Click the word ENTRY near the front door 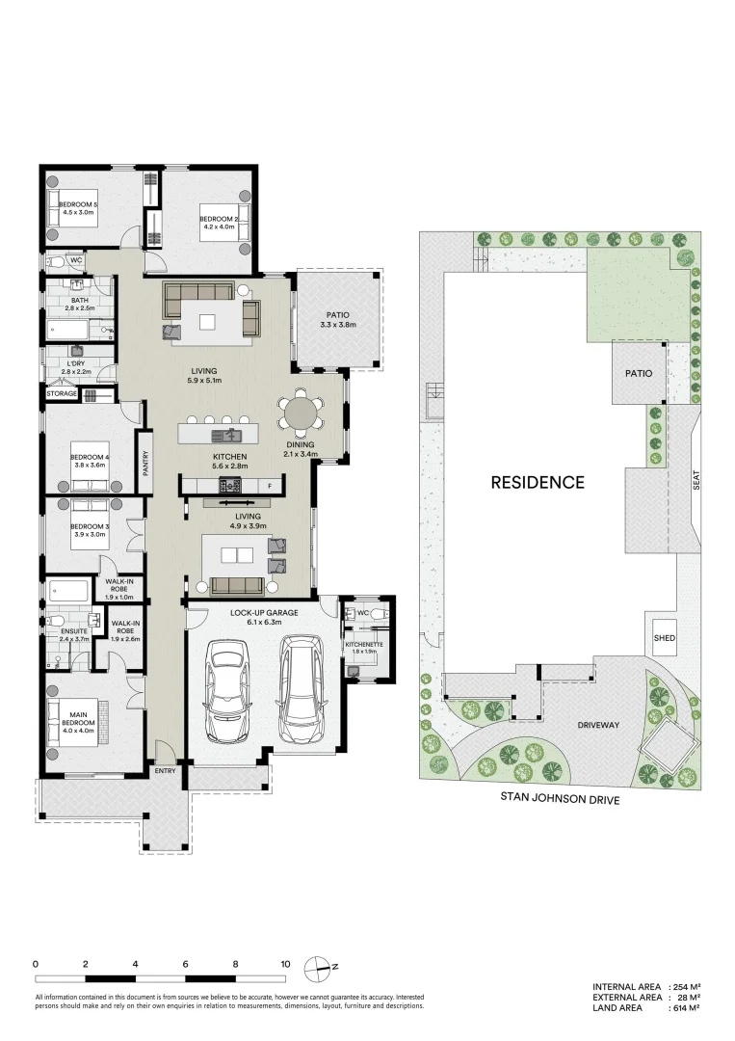[x=165, y=771]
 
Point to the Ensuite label [x=73, y=632]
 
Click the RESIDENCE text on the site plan [x=538, y=482]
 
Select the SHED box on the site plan [x=665, y=638]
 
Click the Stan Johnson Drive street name [x=559, y=798]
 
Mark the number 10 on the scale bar [x=285, y=963]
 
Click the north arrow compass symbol [x=319, y=965]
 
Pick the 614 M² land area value [x=685, y=1008]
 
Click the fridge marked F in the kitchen [x=271, y=486]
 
